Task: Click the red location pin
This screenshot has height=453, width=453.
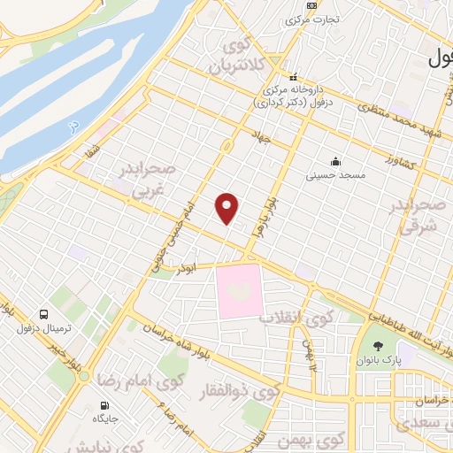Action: coord(227,208)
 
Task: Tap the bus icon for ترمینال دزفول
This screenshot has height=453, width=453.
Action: coord(43,314)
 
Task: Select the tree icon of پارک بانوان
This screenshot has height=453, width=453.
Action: coord(380,346)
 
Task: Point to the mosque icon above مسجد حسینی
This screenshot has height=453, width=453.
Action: coord(335,161)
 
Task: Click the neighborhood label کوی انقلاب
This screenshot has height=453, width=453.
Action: coord(296,317)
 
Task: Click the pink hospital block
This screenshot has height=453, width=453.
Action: coord(240,290)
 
